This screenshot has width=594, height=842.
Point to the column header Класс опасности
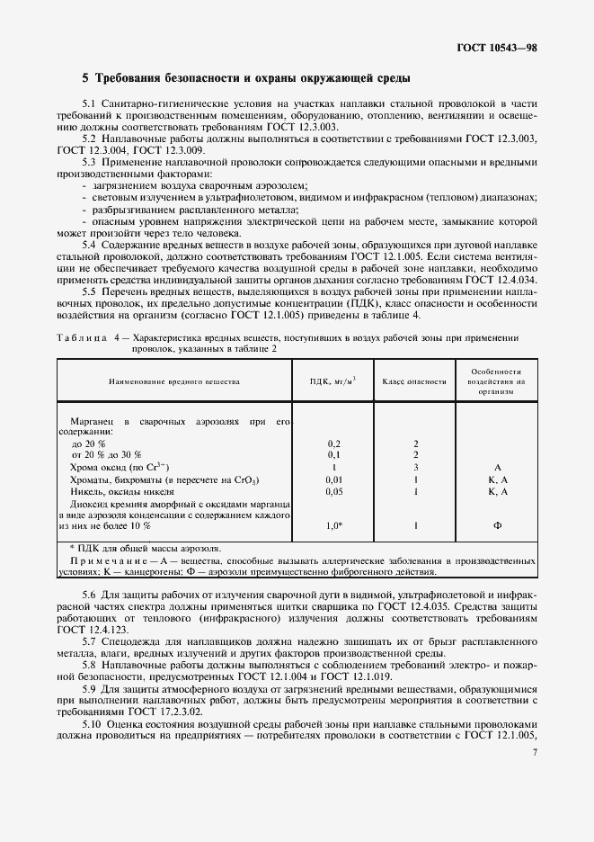tap(414, 381)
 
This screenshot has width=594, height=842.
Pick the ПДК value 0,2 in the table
tap(334, 443)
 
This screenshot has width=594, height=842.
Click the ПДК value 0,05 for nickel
tap(334, 492)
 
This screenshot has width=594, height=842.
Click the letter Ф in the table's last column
tap(497, 525)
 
